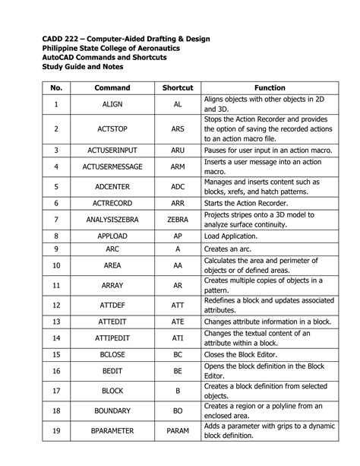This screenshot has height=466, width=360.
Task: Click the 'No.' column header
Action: point(55,88)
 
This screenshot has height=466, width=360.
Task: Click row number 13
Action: point(55,322)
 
